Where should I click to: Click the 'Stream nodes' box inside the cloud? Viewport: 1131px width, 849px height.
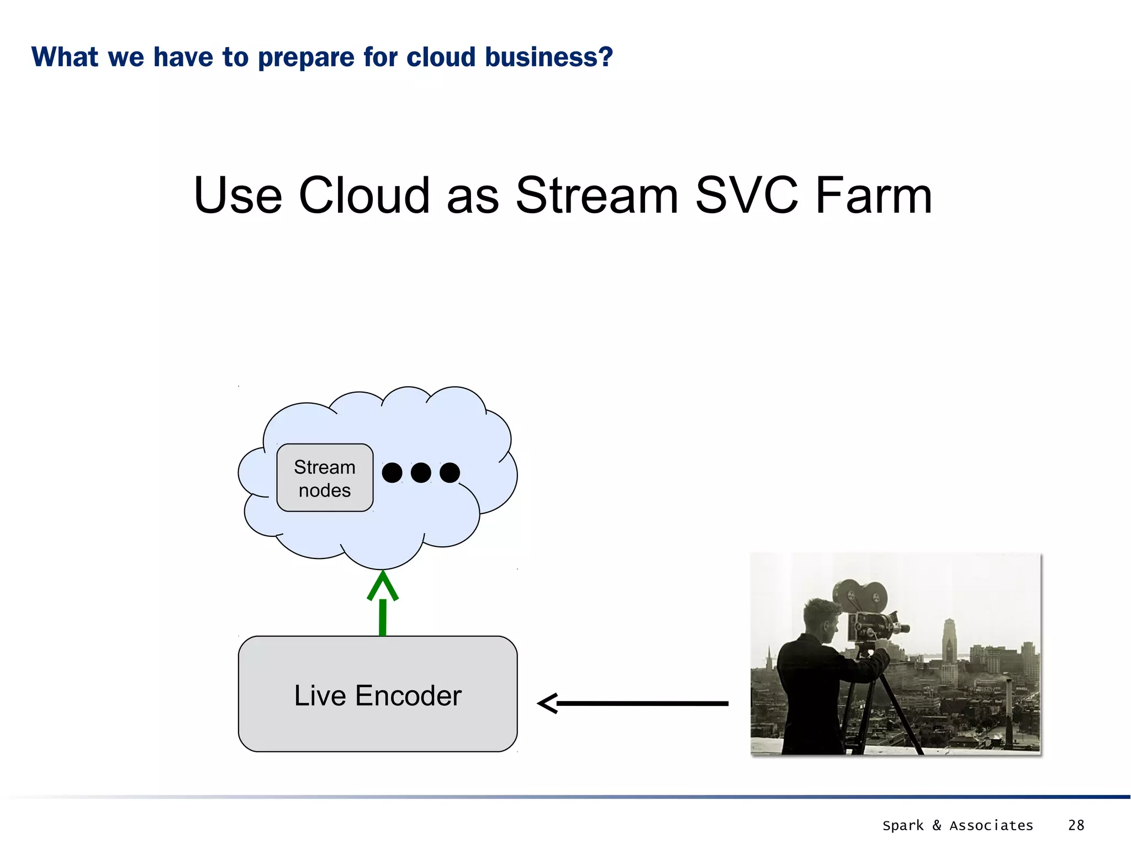tap(325, 478)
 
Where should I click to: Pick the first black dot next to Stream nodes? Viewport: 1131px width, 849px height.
tap(392, 473)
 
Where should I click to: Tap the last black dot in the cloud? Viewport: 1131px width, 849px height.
tap(450, 473)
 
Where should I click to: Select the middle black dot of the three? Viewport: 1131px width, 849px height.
tap(421, 473)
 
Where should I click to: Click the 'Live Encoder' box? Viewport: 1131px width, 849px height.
tap(378, 694)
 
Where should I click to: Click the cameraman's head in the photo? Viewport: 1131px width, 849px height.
tap(822, 619)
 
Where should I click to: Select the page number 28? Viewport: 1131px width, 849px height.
tap(1076, 825)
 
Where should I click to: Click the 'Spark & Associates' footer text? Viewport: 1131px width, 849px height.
tap(958, 825)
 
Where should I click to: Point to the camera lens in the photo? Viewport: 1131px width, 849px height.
tap(902, 628)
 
